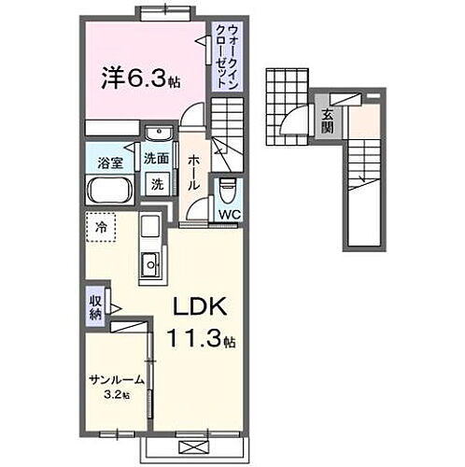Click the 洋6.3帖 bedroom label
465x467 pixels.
[139, 77]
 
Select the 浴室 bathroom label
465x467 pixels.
[111, 163]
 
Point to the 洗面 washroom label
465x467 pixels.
[156, 159]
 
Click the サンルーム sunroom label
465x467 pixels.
[116, 380]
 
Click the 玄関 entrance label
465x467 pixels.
[328, 121]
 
